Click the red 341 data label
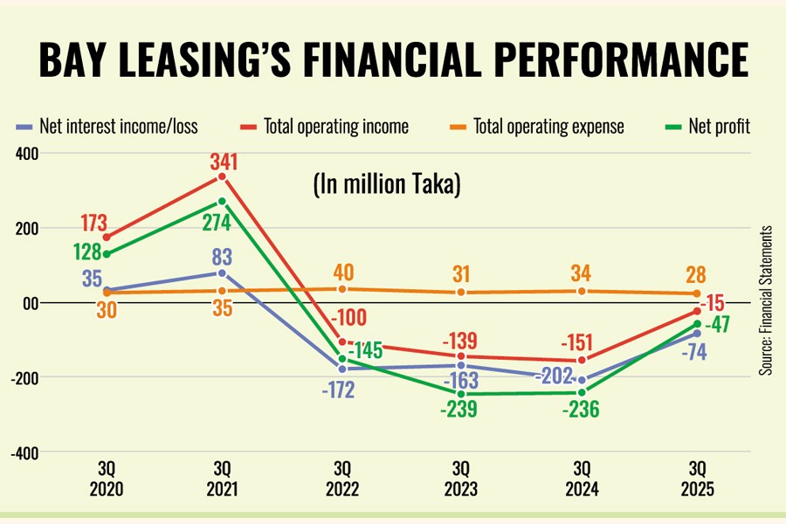tap(222, 162)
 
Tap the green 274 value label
tap(216, 223)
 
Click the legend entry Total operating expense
tap(539, 127)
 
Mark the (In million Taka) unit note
tap(386, 186)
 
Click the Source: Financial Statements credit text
tap(765, 300)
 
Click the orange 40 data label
tap(344, 271)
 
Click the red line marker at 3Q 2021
tap(222, 177)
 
